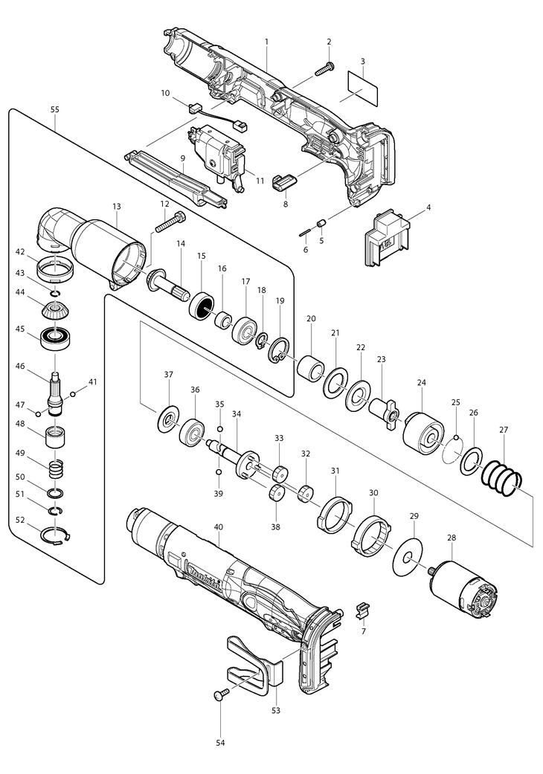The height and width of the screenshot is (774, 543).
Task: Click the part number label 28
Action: pyautogui.click(x=452, y=538)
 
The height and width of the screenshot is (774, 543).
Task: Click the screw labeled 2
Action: pyautogui.click(x=324, y=68)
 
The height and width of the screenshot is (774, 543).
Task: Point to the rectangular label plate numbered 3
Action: pyautogui.click(x=362, y=88)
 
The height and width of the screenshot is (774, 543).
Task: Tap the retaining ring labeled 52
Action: pyautogui.click(x=56, y=536)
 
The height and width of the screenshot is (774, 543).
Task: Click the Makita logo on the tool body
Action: pyautogui.click(x=204, y=576)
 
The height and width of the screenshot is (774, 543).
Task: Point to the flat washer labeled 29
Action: pyautogui.click(x=408, y=558)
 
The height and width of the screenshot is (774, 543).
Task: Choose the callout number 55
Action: pyautogui.click(x=55, y=109)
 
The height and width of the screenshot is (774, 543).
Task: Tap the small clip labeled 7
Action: pyautogui.click(x=363, y=610)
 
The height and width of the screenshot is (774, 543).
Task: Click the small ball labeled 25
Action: pyautogui.click(x=457, y=436)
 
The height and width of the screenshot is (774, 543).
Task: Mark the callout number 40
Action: pyautogui.click(x=219, y=528)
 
